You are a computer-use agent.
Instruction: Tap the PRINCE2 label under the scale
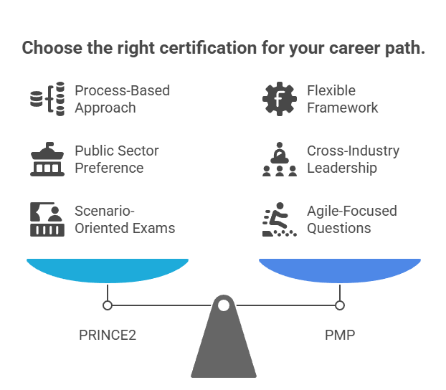(x=108, y=335)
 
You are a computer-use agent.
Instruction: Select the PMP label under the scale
(x=339, y=335)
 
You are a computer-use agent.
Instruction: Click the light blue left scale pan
(x=108, y=270)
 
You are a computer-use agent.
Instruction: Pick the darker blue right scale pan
(x=339, y=270)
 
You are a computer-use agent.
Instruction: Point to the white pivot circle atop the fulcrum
(x=224, y=305)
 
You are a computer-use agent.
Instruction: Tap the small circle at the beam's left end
(x=108, y=305)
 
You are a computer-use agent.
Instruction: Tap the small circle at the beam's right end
(x=339, y=305)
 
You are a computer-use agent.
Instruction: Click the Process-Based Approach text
(x=122, y=99)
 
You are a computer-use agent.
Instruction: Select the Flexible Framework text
(x=342, y=99)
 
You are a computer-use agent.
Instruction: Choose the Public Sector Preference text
(x=117, y=159)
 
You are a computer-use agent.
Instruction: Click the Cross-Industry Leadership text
(x=353, y=159)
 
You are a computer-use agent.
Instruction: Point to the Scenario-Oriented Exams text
(x=124, y=219)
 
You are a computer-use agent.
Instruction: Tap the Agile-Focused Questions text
(x=351, y=219)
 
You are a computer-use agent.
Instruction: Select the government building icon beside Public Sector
(x=47, y=159)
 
